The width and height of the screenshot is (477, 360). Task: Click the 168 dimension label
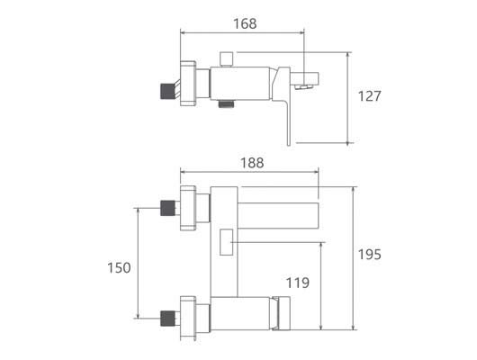point(245,23)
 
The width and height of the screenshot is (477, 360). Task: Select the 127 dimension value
point(369,96)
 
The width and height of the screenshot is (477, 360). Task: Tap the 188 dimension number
point(252,163)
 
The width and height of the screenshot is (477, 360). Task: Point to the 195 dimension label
point(369,255)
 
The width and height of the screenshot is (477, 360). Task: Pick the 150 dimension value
point(119,268)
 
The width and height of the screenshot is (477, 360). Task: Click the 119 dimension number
point(298,283)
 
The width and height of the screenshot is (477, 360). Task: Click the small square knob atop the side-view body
point(226,59)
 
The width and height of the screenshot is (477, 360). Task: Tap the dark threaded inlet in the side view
point(167,91)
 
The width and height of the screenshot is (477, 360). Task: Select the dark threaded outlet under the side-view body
point(226,104)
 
